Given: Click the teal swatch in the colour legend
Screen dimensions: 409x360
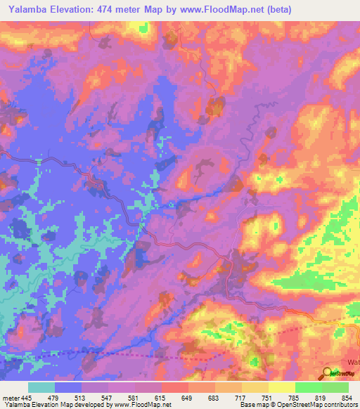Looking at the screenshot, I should coord(41,387).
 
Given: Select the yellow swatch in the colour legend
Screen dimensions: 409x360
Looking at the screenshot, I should coord(281,387).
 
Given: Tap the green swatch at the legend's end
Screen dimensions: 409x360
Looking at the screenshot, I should coord(335,387).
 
